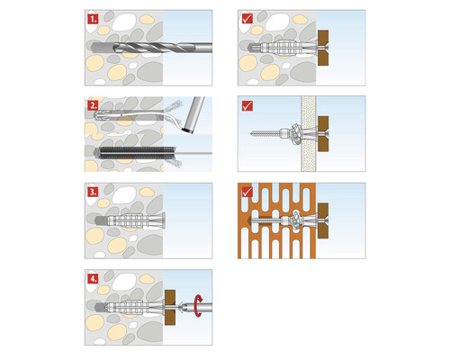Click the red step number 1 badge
pyautogui.click(x=93, y=18)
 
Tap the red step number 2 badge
pyautogui.click(x=93, y=104)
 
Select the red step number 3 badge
pyautogui.click(x=93, y=193)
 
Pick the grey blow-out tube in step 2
pyautogui.click(x=192, y=117)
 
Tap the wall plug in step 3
pyautogui.click(x=135, y=220)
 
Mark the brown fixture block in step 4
pyautogui.click(x=172, y=308)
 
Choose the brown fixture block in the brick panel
pyautogui.click(x=327, y=220)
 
